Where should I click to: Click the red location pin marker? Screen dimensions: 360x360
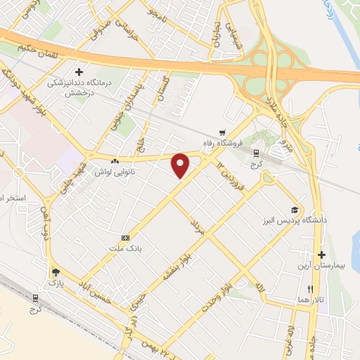tap(181, 165)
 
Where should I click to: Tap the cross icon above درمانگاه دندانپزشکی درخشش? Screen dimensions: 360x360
tap(79, 71)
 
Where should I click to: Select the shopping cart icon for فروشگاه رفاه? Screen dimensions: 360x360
tap(222, 131)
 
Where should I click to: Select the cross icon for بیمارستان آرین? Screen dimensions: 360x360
tap(321, 255)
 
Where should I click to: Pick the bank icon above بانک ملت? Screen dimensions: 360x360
tap(125, 238)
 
